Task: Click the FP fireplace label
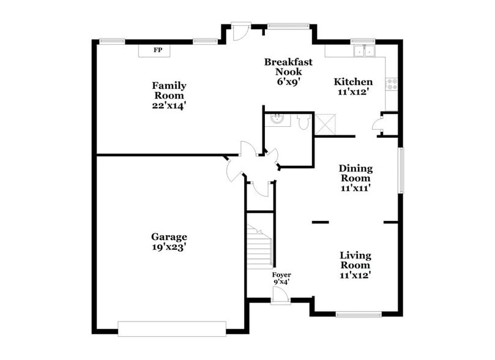pyautogui.click(x=158, y=50)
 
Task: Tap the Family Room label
pyautogui.click(x=169, y=91)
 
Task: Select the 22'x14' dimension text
pyautogui.click(x=169, y=105)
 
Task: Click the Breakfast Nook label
pyautogui.click(x=288, y=66)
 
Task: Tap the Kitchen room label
pyautogui.click(x=353, y=82)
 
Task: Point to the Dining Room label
pyautogui.click(x=356, y=173)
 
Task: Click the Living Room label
pyautogui.click(x=356, y=260)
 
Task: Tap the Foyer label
pyautogui.click(x=281, y=275)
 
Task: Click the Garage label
pyautogui.click(x=169, y=237)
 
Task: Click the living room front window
pyautogui.click(x=359, y=315)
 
